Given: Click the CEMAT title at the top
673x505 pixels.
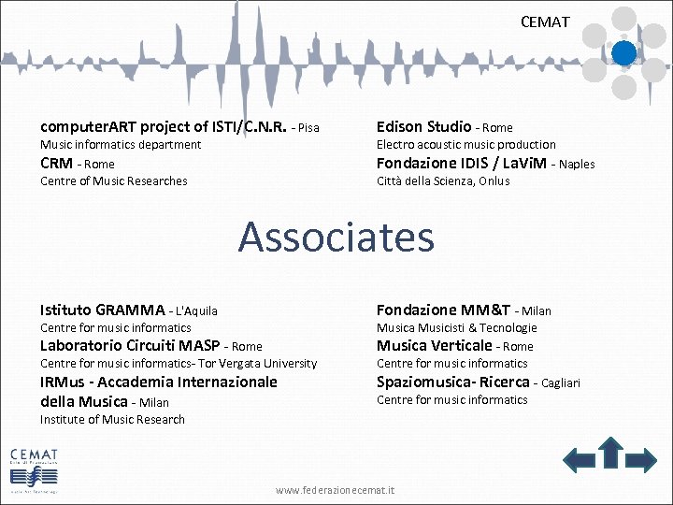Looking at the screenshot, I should click(545, 22).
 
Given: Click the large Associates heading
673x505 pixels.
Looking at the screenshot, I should click(336, 237).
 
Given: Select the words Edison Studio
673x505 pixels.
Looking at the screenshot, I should click(423, 126).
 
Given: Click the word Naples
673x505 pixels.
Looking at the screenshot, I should click(577, 164).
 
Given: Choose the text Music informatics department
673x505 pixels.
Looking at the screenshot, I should click(121, 145).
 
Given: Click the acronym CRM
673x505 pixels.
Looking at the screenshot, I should click(56, 164).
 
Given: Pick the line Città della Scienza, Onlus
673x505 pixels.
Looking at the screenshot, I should click(443, 181).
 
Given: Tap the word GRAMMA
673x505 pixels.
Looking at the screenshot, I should click(130, 310).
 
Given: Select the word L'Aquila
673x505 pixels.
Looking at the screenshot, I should click(196, 310).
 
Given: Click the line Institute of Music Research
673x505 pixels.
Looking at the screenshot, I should click(112, 420).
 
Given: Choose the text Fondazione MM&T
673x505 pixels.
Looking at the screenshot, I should click(443, 310).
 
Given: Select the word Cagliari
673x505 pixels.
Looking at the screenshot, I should click(561, 382).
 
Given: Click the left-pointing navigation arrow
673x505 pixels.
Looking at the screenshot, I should click(579, 458).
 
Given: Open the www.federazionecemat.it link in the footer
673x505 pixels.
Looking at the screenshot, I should click(336, 490).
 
